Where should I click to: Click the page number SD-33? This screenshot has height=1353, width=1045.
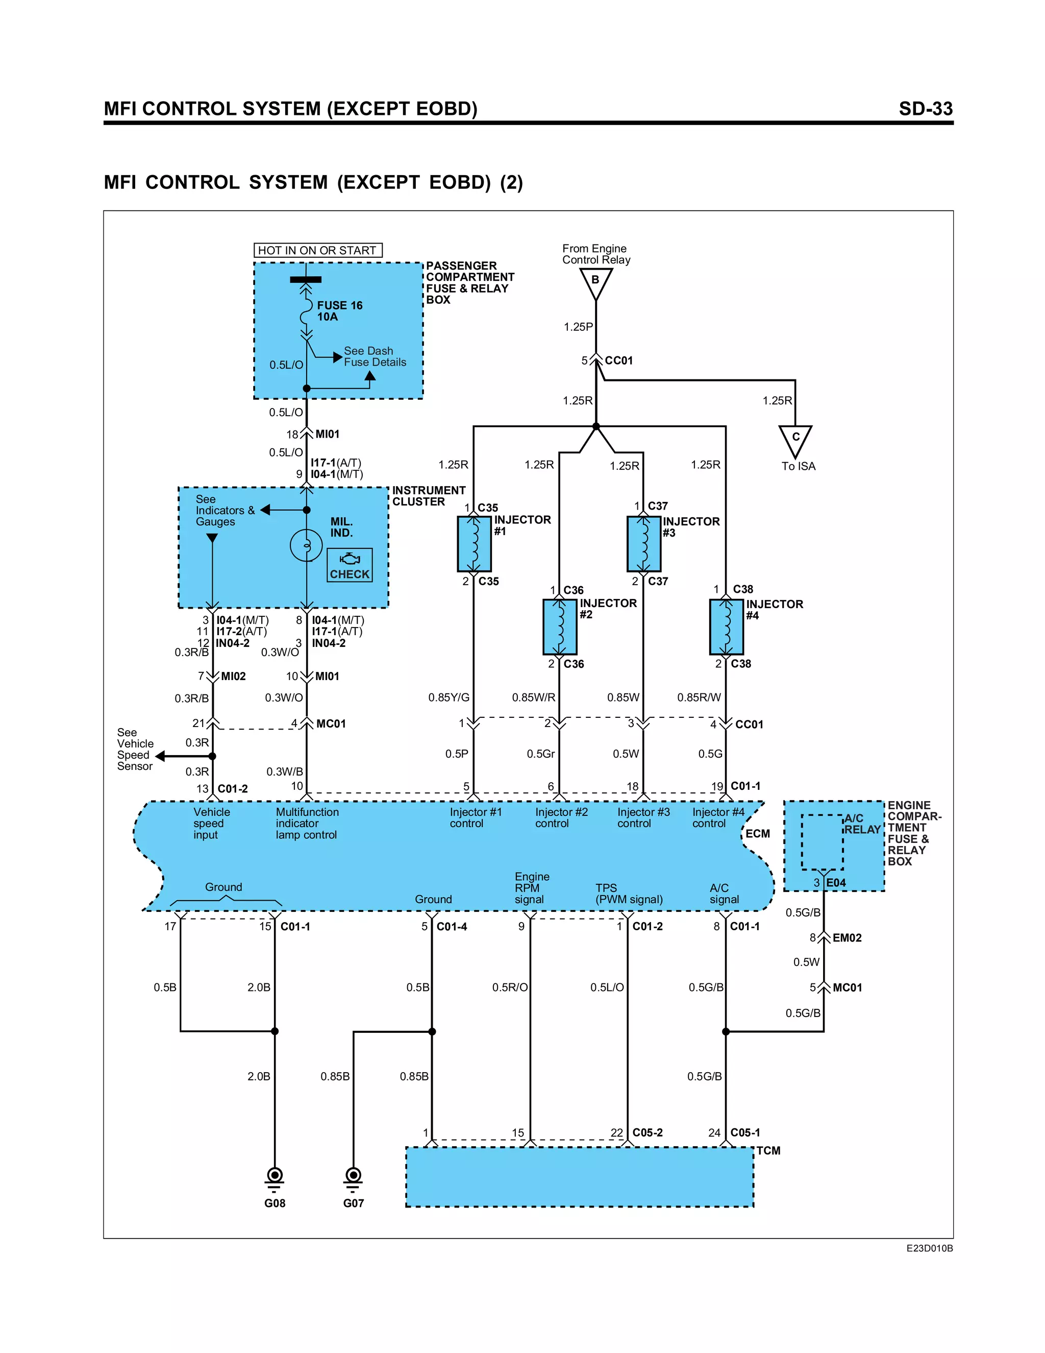[925, 109]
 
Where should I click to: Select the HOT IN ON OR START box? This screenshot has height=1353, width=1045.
[317, 250]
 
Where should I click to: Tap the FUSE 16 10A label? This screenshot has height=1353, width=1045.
[339, 311]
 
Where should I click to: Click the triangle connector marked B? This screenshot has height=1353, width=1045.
[595, 282]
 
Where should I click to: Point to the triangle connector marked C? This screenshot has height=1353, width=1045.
[795, 439]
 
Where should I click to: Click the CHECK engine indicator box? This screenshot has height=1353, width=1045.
[350, 565]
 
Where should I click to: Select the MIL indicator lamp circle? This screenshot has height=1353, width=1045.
[307, 546]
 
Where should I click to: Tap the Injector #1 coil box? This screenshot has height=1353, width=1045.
[474, 544]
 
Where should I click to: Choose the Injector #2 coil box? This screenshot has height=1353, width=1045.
[560, 626]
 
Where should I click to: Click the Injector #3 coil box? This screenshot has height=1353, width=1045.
[644, 543]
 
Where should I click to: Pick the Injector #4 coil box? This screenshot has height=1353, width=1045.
[726, 626]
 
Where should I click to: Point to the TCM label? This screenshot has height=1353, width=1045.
[768, 1151]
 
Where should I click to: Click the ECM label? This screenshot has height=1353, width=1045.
[757, 834]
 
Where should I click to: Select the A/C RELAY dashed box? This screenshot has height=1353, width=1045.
[822, 842]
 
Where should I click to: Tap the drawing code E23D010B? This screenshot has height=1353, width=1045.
[929, 1249]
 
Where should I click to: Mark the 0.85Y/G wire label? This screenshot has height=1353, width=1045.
[449, 697]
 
